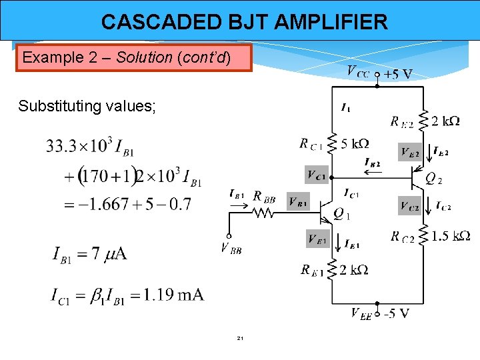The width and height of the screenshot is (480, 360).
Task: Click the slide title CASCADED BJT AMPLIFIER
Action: [x=244, y=22]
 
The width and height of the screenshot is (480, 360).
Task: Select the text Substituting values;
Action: [x=87, y=106]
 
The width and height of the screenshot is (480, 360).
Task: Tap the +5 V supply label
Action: [x=397, y=73]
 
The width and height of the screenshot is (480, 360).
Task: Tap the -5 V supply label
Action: [x=395, y=313]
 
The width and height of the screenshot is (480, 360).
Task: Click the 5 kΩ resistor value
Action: [x=355, y=143]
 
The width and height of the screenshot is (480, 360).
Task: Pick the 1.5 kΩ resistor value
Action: [x=451, y=235]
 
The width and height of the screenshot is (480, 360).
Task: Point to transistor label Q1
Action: [x=341, y=214]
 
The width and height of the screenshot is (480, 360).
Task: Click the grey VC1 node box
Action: [x=317, y=175]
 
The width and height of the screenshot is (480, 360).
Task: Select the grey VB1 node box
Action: [x=299, y=201]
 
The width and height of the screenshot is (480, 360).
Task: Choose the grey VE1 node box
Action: [x=317, y=238]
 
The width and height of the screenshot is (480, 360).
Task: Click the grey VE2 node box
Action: [x=410, y=153]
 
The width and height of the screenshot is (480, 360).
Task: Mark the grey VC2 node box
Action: [x=410, y=206]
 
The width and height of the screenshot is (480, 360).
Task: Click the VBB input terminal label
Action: [x=231, y=249]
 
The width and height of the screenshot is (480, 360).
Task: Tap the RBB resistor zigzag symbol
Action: [x=263, y=213]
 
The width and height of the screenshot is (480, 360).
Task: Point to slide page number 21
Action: [x=240, y=339]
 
